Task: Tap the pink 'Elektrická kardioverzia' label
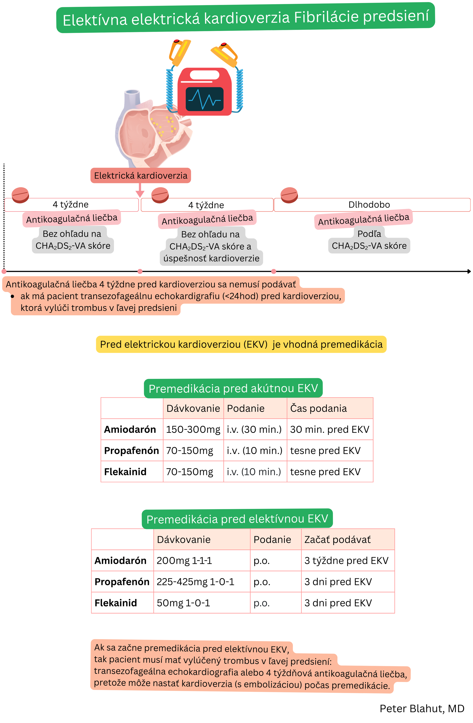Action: pyautogui.click(x=141, y=176)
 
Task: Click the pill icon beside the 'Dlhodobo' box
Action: pyautogui.click(x=289, y=195)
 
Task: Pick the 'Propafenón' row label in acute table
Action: pyautogui.click(x=131, y=450)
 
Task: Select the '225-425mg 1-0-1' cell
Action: pyautogui.click(x=195, y=582)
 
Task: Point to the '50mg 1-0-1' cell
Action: pyautogui.click(x=183, y=603)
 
